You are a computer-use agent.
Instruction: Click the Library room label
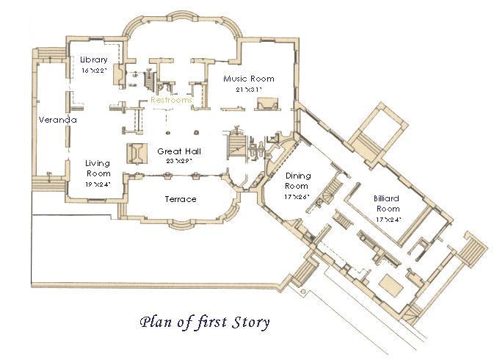[94, 60]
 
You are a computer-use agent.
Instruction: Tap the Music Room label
[249, 79]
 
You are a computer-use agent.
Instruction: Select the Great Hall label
[179, 151]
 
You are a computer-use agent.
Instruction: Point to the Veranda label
[58, 120]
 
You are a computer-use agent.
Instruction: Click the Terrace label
[181, 199]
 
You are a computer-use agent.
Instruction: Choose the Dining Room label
[297, 181]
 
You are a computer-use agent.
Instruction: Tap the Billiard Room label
[387, 204]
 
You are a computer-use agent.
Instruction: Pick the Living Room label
[98, 168]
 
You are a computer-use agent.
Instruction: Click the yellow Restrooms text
[171, 100]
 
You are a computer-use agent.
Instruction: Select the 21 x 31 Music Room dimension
[249, 90]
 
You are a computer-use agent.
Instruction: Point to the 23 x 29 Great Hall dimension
[179, 161]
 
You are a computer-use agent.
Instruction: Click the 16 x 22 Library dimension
[94, 71]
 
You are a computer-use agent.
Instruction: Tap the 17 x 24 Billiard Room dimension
[388, 220]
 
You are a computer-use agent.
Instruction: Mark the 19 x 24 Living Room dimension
[98, 184]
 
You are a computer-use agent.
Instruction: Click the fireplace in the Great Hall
[137, 154]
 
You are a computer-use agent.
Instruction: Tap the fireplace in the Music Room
[267, 104]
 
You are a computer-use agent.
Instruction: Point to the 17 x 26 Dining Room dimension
[297, 197]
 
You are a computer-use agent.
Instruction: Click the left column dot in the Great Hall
[168, 132]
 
